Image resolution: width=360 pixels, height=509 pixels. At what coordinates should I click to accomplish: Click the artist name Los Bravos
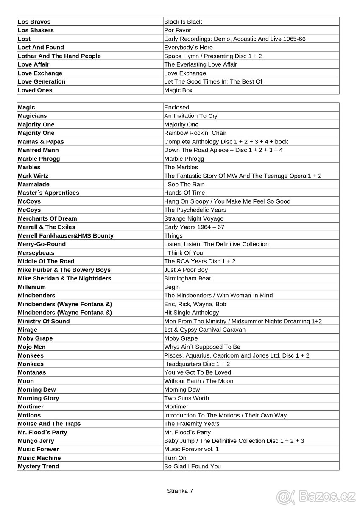pos(34,22)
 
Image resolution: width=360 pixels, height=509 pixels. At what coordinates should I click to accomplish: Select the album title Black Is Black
pos(183,22)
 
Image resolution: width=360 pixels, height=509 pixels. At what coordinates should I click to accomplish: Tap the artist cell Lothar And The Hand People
pos(59,56)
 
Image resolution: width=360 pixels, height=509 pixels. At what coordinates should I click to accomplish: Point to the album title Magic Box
pos(178,90)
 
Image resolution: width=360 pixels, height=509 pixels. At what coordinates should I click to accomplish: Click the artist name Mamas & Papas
pos(41,142)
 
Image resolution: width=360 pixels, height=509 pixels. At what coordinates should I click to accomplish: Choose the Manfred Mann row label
pos(38,150)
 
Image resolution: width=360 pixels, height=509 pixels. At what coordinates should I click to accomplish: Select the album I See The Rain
pos(184,184)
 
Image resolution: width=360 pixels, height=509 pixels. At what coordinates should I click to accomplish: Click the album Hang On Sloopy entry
pos(227,201)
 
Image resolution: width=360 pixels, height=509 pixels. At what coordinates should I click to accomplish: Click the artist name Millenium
pos(32,287)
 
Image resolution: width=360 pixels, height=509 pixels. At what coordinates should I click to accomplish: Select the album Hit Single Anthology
pos(192,313)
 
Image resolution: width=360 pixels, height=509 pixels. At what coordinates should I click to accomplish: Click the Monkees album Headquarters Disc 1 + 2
pos(197,364)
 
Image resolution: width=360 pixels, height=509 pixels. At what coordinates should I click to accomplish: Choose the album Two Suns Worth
pos(187,398)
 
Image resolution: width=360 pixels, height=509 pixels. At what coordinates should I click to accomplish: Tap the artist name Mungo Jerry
pos(36,441)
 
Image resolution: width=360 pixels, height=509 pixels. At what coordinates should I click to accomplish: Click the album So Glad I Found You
pos(193,467)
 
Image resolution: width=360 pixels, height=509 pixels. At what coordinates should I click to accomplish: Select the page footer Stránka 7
pos(180,491)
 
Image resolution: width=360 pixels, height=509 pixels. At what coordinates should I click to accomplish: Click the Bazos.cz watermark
pos(316,495)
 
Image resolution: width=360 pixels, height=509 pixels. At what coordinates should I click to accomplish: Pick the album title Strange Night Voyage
pos(194,218)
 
